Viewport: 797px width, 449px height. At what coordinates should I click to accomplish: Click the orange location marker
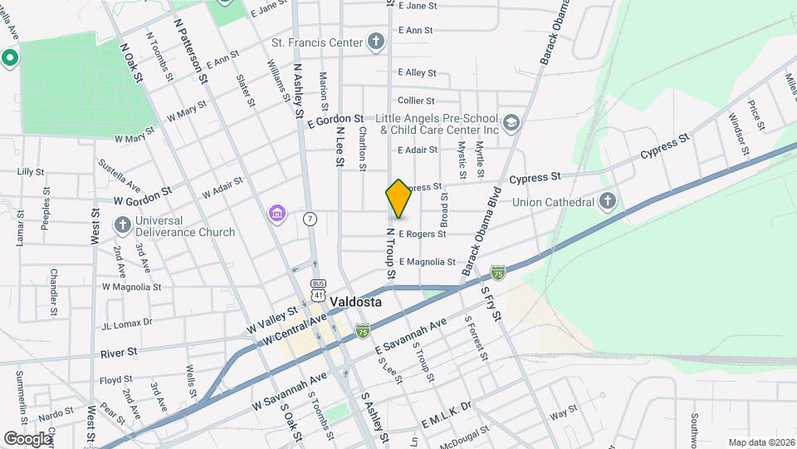point(398,199)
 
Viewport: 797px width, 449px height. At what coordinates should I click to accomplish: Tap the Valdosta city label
point(355,303)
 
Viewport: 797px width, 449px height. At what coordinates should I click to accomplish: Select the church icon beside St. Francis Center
point(376,42)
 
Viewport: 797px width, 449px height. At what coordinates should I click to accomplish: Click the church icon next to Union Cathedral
point(608,201)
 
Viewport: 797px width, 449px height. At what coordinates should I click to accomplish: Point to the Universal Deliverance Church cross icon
point(123,225)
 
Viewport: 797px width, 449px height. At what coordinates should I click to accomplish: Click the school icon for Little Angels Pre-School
point(512,123)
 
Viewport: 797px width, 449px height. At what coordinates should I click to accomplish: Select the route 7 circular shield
point(310,219)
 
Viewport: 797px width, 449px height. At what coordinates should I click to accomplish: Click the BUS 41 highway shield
point(318,289)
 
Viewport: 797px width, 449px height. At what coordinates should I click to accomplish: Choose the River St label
point(119,353)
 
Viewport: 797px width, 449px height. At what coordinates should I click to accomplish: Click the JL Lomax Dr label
point(127,322)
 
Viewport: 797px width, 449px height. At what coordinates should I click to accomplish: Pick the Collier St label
point(417,101)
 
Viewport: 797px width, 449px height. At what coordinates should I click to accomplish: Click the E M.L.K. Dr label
point(446,407)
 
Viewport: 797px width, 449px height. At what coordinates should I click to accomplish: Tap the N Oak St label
point(132,63)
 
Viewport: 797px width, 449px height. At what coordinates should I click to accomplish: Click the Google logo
point(27,438)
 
